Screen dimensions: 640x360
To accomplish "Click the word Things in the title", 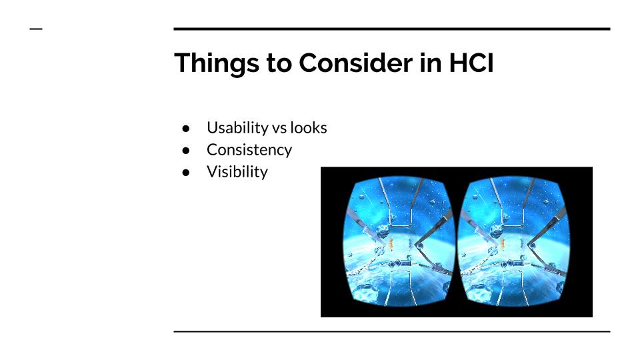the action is (216, 63).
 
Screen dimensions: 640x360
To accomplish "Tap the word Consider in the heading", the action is (355, 63).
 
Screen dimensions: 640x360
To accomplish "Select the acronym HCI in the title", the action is (471, 63).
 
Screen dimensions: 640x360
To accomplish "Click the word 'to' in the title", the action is (279, 64).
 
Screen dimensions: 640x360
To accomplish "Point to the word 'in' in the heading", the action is (431, 63).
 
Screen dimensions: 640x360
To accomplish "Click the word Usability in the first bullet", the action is (237, 128).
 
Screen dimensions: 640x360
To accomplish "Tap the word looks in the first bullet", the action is (308, 128).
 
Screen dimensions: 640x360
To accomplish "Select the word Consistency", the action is (249, 150).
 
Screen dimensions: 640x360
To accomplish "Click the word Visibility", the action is (237, 172).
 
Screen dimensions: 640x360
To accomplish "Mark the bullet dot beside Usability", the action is (186, 129).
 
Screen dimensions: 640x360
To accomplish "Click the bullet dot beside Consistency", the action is (186, 151).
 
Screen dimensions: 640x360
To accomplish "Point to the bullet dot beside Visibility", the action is (186, 173).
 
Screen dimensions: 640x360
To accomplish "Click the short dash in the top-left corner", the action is (36, 29).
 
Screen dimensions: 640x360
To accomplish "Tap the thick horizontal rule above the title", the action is (392, 29).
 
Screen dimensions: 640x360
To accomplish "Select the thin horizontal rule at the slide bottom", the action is (392, 332).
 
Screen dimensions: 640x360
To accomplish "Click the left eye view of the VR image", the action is (399, 241).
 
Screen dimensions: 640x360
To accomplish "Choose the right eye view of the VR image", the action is (513, 241).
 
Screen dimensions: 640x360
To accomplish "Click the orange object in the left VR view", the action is (391, 244).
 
